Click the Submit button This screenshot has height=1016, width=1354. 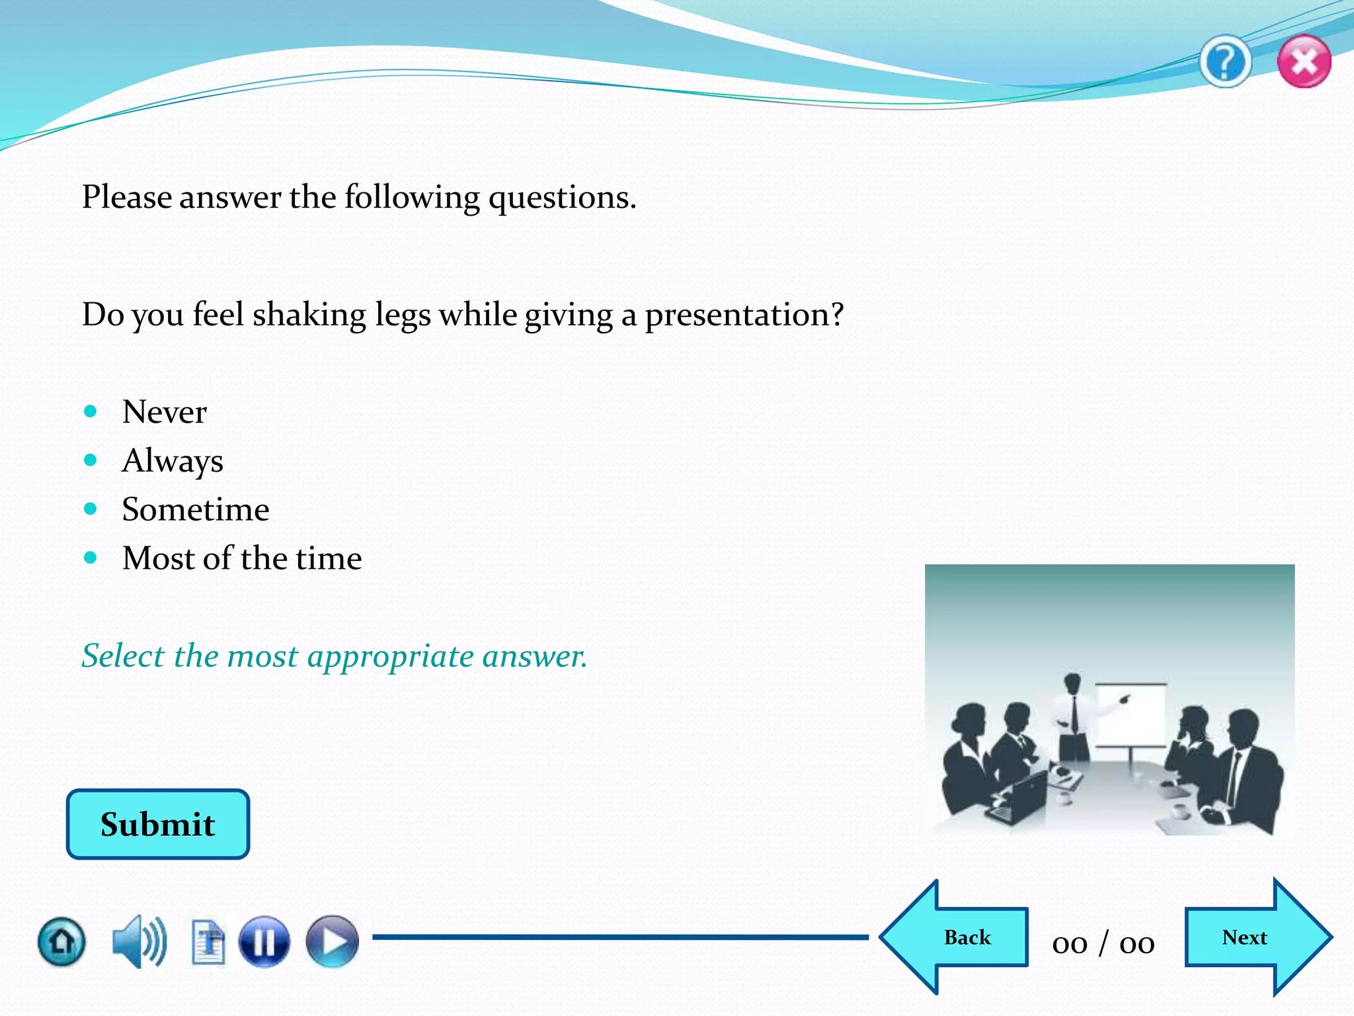(x=158, y=824)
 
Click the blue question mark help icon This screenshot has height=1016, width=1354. (x=1225, y=62)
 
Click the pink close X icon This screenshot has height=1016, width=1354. (x=1304, y=62)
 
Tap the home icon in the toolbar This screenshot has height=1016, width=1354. (x=61, y=941)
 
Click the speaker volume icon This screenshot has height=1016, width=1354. (x=139, y=941)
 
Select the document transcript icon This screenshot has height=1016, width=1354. (x=208, y=942)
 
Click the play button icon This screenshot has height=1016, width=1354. (x=332, y=941)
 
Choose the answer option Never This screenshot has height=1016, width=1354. (x=165, y=412)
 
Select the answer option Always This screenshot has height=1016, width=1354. (x=173, y=461)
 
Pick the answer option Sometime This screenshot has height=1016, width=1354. (x=196, y=510)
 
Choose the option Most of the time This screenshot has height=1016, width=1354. (x=242, y=558)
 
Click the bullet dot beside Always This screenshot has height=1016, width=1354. (x=91, y=460)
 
